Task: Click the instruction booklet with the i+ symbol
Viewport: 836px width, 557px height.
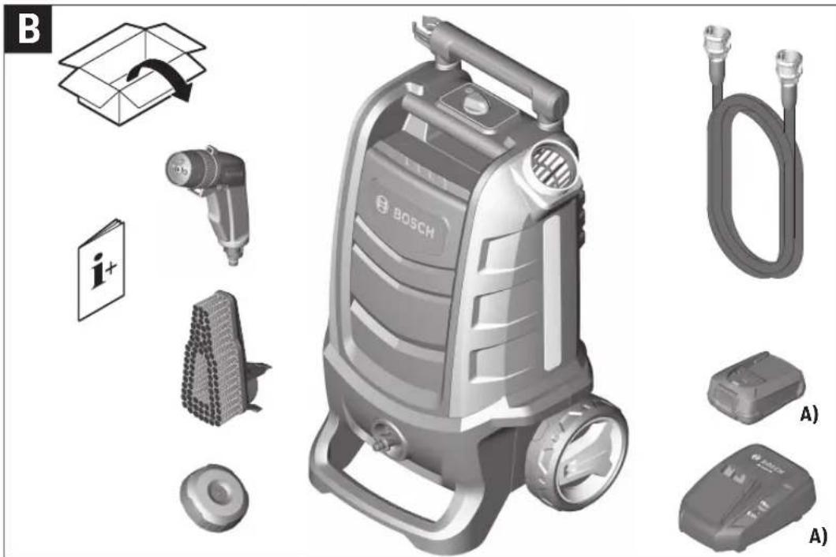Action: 100,269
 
